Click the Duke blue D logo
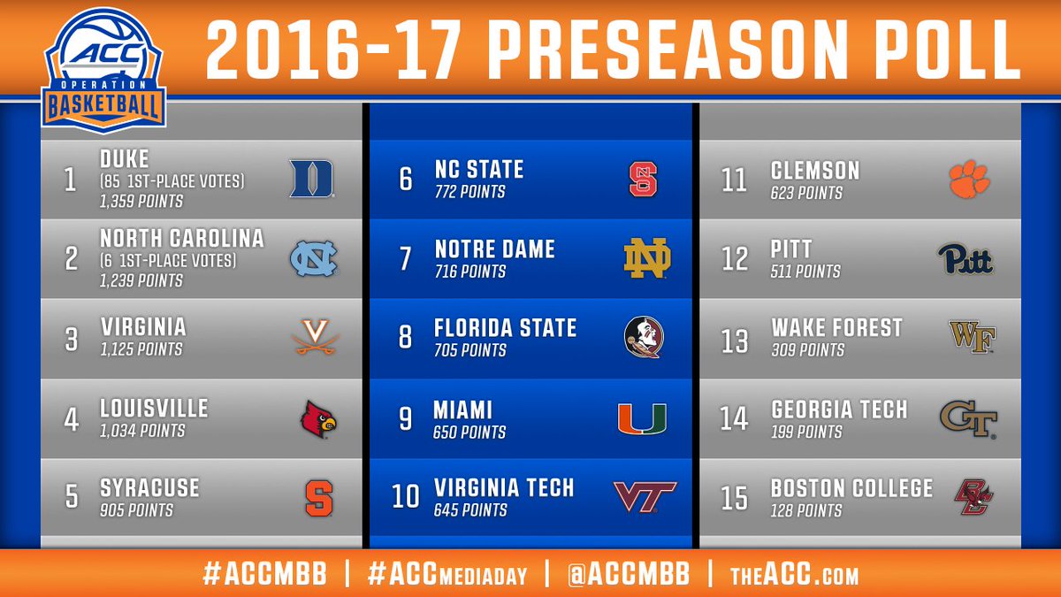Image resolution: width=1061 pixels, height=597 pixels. pos(311,179)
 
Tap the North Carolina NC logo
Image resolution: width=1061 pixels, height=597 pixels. pos(314,258)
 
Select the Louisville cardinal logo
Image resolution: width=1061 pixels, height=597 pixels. pos(317,419)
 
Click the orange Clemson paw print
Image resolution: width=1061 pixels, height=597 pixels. pos(969,179)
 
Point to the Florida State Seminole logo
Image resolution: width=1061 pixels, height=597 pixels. pos(644,337)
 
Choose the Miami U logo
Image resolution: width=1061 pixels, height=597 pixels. pos(642,419)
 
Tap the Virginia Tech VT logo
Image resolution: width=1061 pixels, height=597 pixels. pos(645,497)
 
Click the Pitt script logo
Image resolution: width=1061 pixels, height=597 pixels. pos(966,258)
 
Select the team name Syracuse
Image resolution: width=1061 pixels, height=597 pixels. pos(149,488)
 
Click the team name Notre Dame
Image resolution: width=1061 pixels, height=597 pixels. pos(494,249)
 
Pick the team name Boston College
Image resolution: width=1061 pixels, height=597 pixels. pos(851,488)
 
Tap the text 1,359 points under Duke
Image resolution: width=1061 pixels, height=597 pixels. pos(141,202)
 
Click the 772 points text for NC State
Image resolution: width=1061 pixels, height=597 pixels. pos(469,192)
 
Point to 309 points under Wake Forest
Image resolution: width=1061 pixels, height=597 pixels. pos(807,350)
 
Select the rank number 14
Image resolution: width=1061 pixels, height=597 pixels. pos(734,419)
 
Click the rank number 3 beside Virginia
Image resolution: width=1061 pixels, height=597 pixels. pos(71,340)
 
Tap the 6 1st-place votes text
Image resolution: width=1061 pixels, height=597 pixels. pos(168,261)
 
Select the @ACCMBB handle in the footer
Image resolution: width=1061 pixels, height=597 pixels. pos(629,574)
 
